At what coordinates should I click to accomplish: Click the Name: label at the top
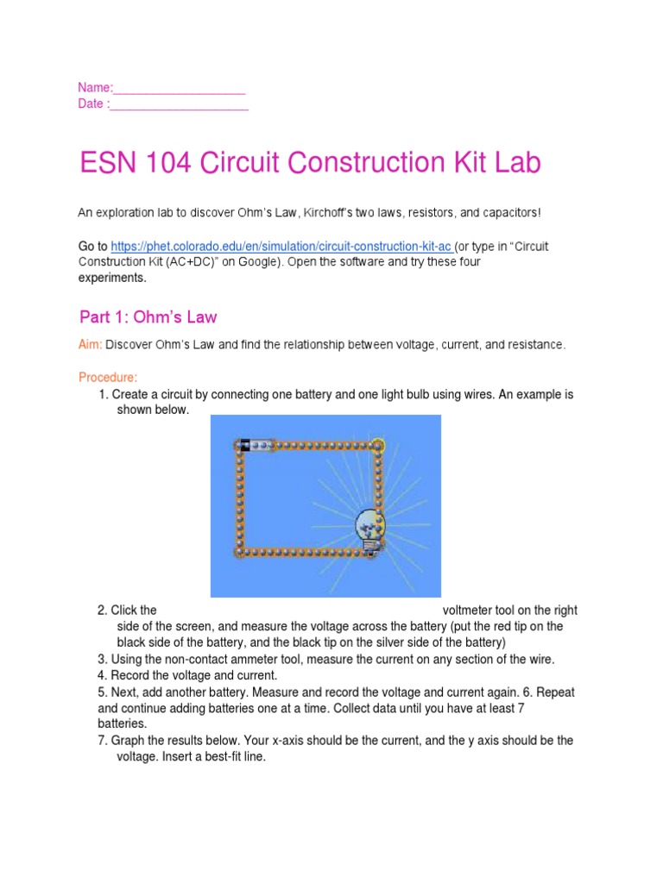[95, 88]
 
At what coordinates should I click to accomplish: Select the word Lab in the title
[517, 163]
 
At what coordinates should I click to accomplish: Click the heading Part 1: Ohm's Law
[148, 317]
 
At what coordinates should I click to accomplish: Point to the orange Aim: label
[92, 345]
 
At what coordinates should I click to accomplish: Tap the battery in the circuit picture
[256, 445]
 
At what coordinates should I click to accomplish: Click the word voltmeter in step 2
[471, 611]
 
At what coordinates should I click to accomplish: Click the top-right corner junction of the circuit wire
[378, 445]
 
